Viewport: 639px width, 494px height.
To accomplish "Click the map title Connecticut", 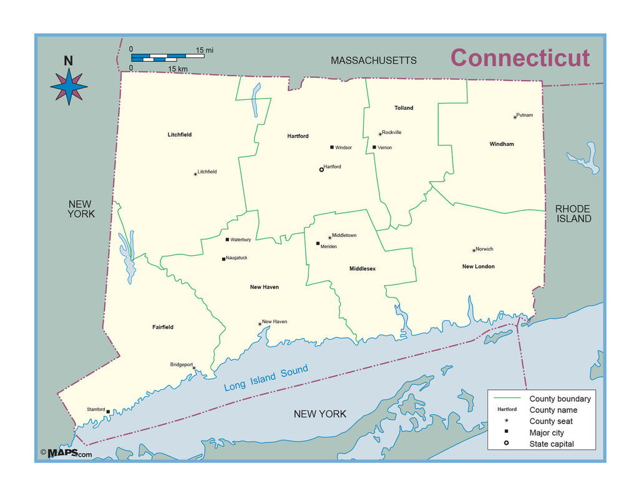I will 520,57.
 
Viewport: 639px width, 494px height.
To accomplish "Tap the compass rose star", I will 69,87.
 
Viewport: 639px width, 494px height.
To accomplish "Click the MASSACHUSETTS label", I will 373,61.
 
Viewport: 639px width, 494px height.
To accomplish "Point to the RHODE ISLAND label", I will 573,213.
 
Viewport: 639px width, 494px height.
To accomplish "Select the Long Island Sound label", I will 266,378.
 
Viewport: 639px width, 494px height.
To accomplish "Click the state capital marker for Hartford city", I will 321,169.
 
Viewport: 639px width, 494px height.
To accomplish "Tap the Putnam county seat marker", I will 515,117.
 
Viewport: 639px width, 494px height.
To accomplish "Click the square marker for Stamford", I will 109,412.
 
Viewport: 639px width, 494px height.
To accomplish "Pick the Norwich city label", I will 485,249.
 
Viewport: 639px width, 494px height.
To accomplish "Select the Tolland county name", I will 404,108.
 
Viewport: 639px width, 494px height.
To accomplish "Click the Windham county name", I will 502,144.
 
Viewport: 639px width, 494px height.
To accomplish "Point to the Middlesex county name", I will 363,269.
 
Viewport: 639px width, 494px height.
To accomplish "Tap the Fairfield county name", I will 163,327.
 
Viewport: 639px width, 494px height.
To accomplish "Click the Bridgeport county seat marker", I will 193,367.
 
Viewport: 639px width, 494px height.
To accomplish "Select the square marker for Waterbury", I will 227,240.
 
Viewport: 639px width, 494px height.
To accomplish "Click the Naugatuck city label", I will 237,258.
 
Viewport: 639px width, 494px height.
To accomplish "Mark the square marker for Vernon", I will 374,147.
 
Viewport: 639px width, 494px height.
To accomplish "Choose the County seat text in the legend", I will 551,421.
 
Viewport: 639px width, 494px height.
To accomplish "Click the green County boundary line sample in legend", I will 507,398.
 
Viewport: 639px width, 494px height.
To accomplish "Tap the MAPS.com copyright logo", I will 66,453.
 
